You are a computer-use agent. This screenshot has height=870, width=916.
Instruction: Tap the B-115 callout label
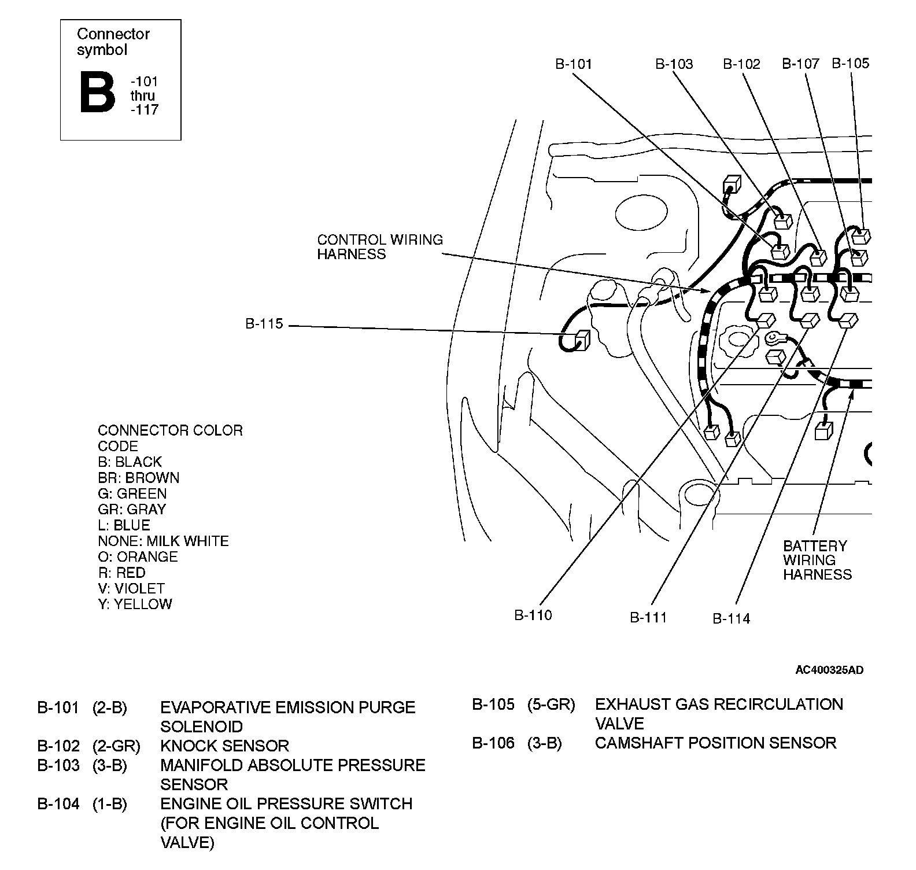(264, 324)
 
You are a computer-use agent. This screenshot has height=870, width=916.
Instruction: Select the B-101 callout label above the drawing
(574, 64)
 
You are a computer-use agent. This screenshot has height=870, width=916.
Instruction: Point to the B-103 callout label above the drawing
(674, 64)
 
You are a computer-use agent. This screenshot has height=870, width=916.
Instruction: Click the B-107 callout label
(800, 64)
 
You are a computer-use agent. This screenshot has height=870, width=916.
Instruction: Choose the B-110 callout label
(533, 615)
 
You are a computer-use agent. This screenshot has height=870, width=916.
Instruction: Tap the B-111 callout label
(648, 618)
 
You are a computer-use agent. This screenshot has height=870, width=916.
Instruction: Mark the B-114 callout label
(731, 618)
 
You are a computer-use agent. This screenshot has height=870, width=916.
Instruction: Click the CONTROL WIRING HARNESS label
(380, 247)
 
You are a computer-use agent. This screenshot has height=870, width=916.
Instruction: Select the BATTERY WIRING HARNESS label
(817, 560)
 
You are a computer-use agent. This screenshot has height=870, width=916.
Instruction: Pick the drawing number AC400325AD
(829, 670)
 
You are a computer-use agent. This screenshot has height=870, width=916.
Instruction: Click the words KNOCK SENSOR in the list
(224, 746)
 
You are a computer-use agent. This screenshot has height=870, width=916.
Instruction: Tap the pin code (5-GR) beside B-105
(551, 705)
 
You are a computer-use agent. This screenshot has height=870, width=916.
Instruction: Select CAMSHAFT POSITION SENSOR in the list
(715, 743)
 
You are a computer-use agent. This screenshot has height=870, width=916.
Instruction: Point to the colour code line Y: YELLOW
(135, 604)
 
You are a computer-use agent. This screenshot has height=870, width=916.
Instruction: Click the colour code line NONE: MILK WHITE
(163, 541)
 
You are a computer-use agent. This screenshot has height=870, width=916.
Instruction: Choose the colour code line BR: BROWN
(139, 478)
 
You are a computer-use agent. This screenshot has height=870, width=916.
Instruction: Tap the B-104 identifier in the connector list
(58, 803)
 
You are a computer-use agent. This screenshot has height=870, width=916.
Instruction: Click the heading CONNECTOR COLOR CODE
(170, 438)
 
